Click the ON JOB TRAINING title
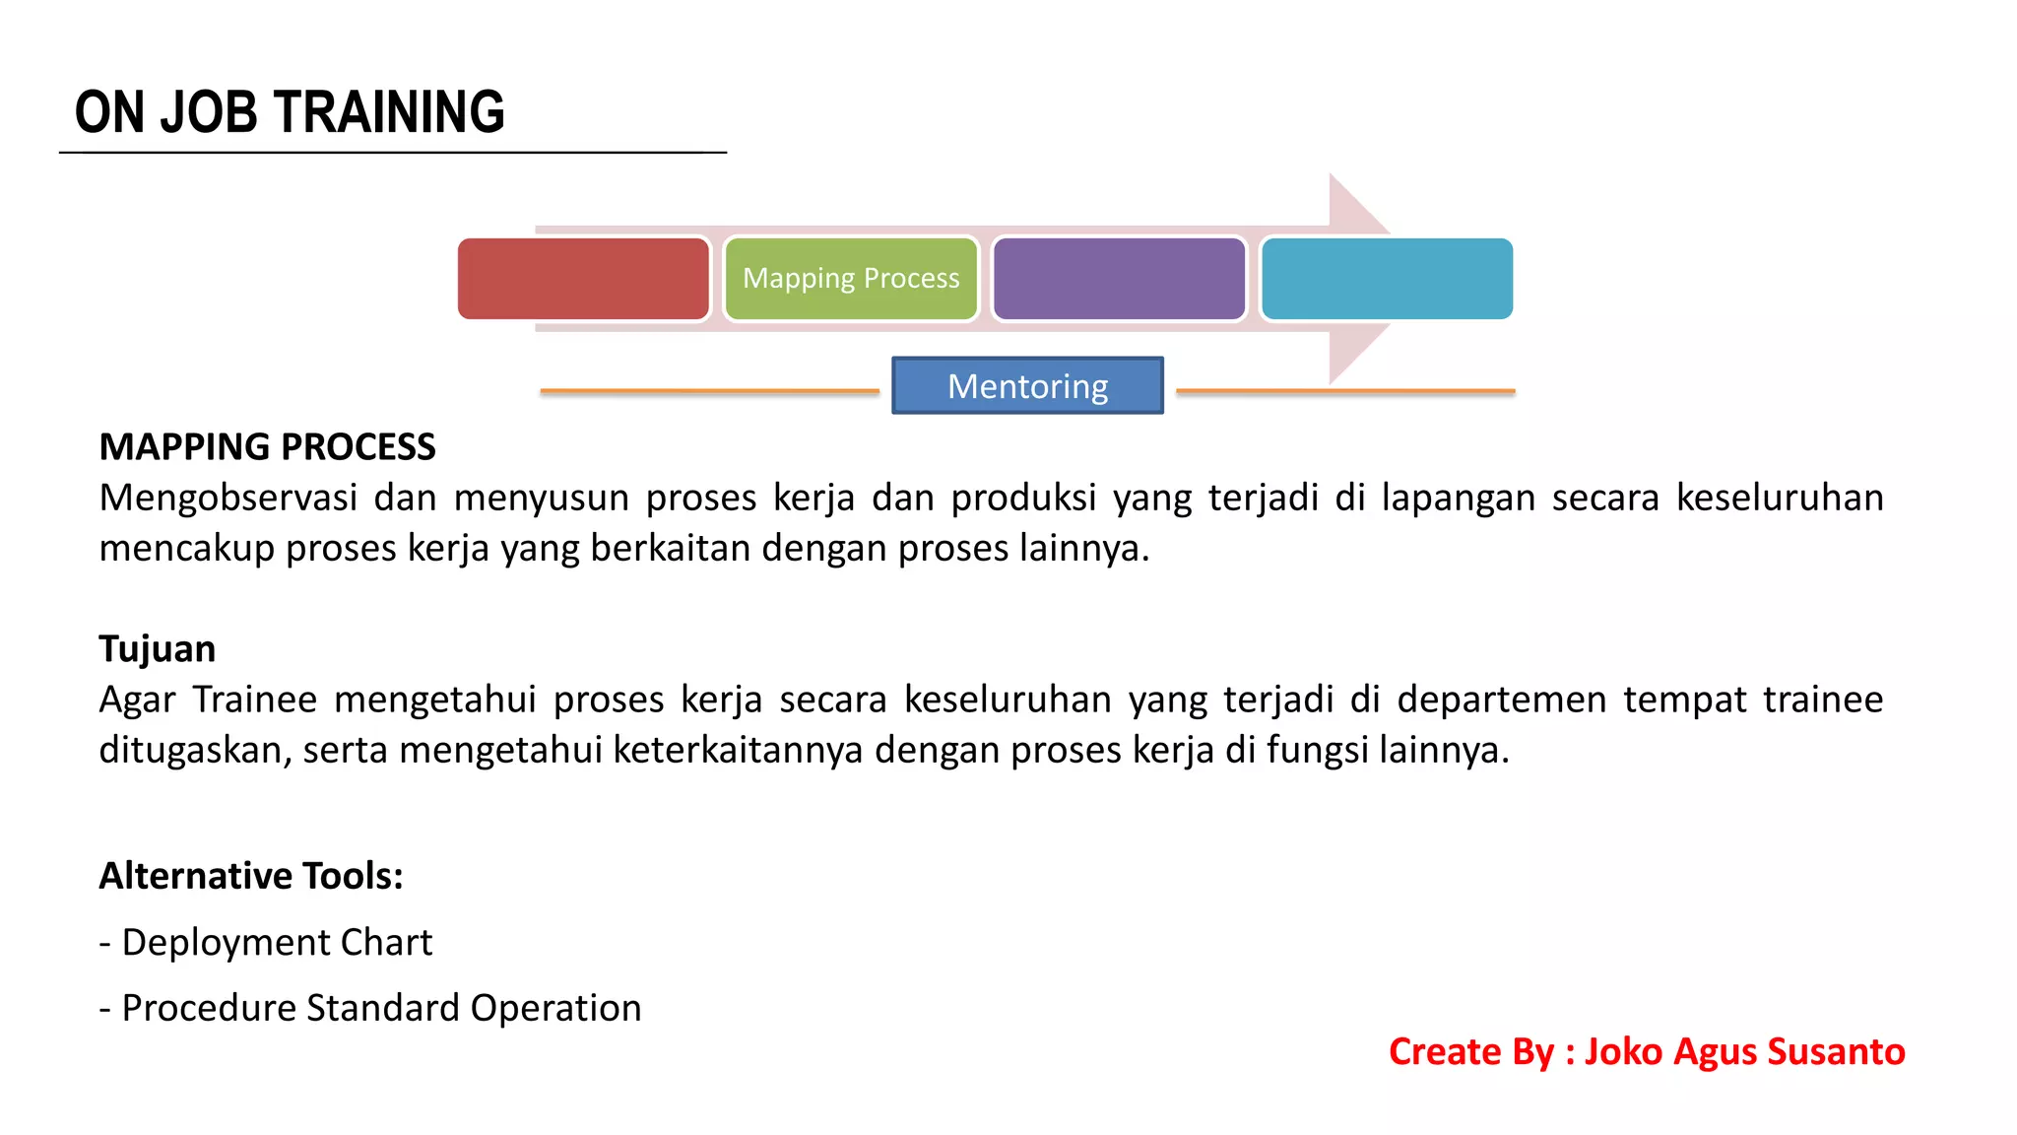[x=290, y=112]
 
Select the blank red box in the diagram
[x=583, y=279]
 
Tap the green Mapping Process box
[x=851, y=279]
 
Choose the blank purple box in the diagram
[x=1119, y=279]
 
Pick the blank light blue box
[x=1387, y=279]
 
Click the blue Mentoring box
[x=1027, y=385]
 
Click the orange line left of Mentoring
[x=709, y=391]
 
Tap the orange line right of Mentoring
[x=1345, y=391]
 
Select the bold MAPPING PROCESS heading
[x=267, y=447]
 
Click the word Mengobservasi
[x=228, y=499]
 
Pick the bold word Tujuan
[x=157, y=649]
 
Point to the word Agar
[x=137, y=701]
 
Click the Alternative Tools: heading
[x=251, y=876]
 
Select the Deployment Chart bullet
[x=266, y=943]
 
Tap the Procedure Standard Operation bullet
[x=370, y=1009]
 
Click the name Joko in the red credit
[x=1623, y=1052]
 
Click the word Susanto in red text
[x=1836, y=1052]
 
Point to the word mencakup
[x=186, y=549]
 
